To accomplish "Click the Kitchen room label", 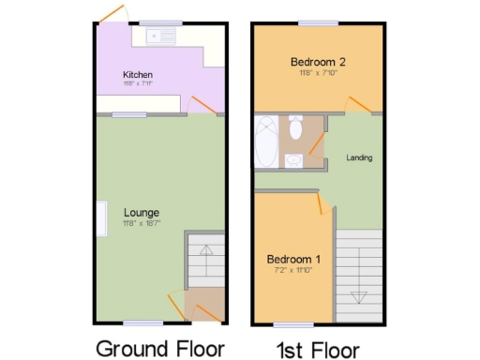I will point(137,74).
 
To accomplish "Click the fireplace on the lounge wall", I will point(99,218).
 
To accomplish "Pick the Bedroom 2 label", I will point(317,62).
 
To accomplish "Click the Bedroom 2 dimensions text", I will point(317,73).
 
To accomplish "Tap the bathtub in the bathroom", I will point(263,142).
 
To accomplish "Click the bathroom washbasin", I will point(292,160).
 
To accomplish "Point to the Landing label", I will point(359,157).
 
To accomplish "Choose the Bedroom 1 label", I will point(293,260).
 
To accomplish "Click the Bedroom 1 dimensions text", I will point(293,271).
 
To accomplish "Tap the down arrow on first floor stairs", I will point(358,295).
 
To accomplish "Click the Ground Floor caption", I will point(160,349).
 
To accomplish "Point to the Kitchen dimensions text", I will point(137,84).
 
